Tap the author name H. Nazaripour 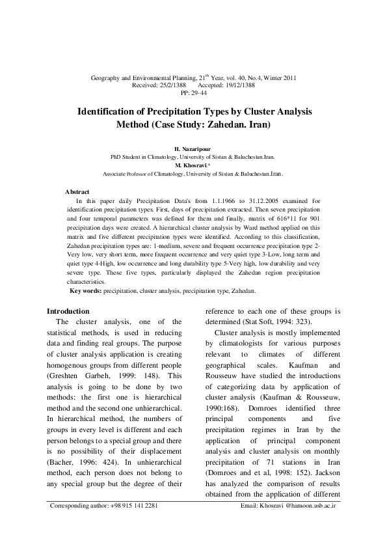coord(193,149)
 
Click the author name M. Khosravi coord(193,165)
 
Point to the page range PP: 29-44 coord(193,93)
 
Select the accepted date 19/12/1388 coord(234,85)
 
